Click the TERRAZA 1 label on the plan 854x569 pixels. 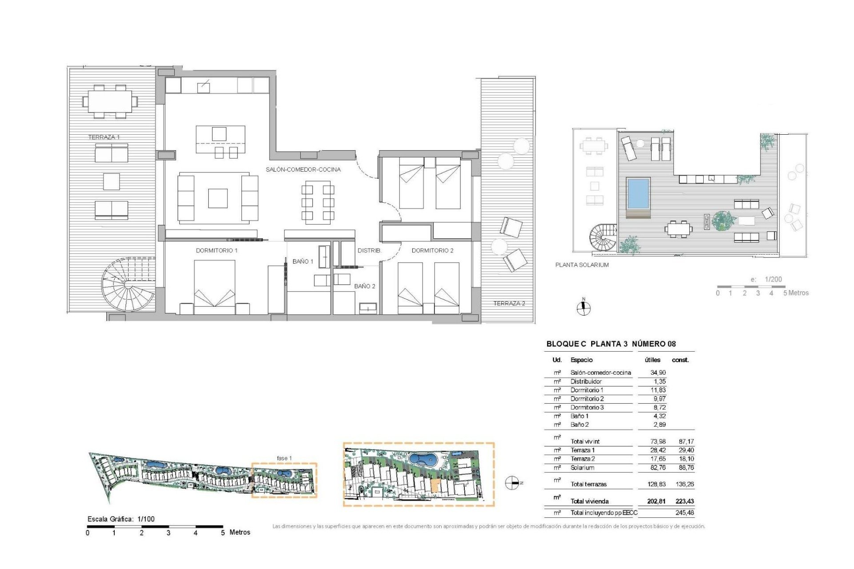point(104,137)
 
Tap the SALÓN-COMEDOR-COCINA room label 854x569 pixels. point(303,169)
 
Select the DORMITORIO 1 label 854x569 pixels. point(217,251)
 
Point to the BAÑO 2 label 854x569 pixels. point(365,286)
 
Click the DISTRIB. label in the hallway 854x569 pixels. point(370,251)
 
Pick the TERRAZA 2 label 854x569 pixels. point(509,304)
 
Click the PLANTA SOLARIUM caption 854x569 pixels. point(582,265)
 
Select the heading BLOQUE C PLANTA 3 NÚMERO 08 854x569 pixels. point(611,344)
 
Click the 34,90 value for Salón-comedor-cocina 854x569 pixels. point(658,373)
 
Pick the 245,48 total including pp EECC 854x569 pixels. point(685,513)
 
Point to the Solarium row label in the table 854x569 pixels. point(582,468)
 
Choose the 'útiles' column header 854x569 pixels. point(653,360)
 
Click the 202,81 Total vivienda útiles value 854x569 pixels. point(657,501)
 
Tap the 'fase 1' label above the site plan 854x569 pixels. point(284,458)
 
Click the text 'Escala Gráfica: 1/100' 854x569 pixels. point(121,519)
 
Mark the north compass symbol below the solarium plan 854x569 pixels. point(584,308)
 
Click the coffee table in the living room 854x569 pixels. point(218,198)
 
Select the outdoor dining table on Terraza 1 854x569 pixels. point(110,102)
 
